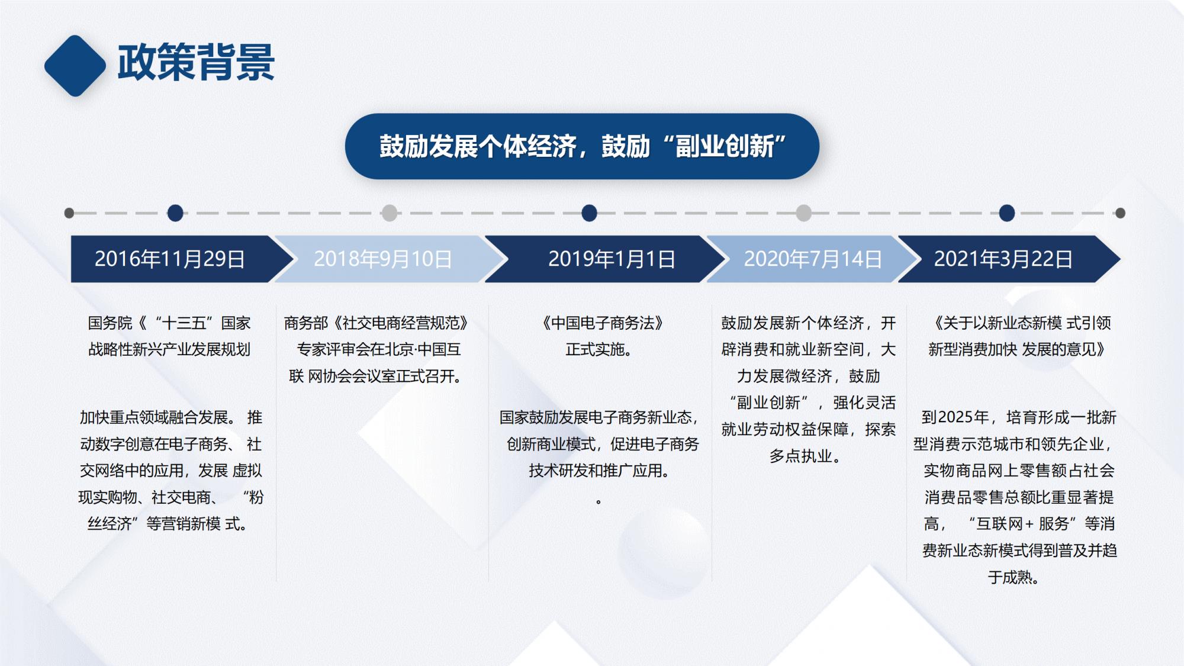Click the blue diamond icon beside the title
click(x=75, y=66)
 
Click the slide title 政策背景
click(x=196, y=62)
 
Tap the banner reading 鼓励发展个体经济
click(x=582, y=146)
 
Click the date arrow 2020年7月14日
click(x=812, y=259)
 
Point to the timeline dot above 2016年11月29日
click(x=175, y=213)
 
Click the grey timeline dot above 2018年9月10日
click(x=390, y=213)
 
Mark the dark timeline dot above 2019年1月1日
click(x=589, y=213)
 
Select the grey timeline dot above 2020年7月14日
click(x=803, y=213)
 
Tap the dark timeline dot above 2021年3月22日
click(x=1007, y=213)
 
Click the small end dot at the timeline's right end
click(x=1120, y=213)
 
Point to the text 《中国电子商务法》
click(x=601, y=323)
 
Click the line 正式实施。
click(x=599, y=350)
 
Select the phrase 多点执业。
click(x=804, y=456)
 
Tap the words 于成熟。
click(x=1014, y=577)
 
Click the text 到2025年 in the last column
click(x=955, y=417)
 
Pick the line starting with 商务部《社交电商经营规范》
click(x=376, y=323)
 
